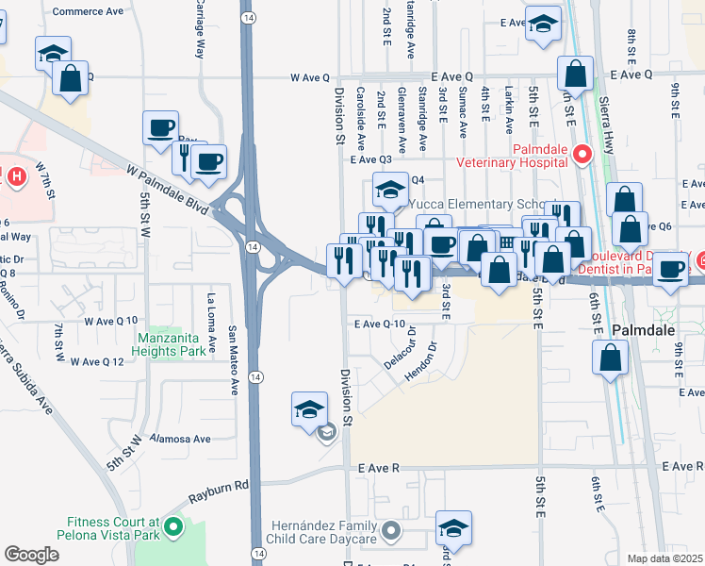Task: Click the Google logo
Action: click(32, 555)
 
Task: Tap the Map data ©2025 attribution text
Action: click(665, 558)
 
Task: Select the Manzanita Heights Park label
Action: click(177, 345)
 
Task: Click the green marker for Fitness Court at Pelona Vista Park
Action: click(172, 528)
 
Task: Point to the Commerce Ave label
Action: click(90, 12)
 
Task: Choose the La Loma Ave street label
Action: click(211, 317)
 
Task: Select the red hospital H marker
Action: click(15, 176)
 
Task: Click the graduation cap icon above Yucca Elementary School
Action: click(389, 190)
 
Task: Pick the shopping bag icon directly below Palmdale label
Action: click(611, 358)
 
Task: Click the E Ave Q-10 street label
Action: click(385, 325)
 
